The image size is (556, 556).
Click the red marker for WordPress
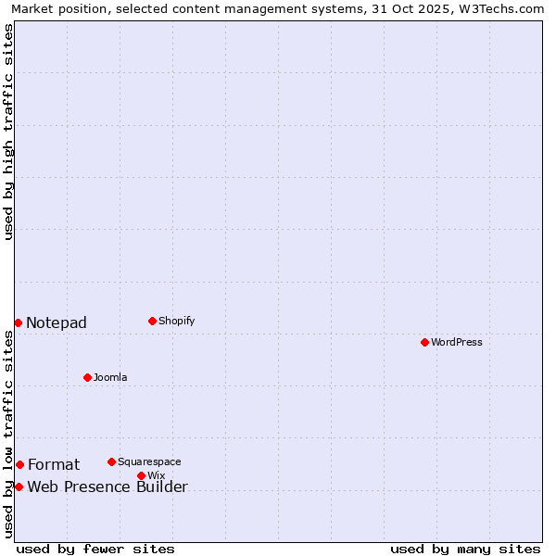pos(424,342)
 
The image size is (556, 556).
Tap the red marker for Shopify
pos(152,321)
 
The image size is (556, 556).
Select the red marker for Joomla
pos(87,377)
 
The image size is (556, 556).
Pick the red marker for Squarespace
pos(111,461)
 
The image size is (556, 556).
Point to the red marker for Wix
pos(141,475)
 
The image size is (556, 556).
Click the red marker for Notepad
pos(18,322)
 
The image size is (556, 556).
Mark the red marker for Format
pos(19,464)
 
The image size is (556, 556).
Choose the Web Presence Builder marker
pos(19,486)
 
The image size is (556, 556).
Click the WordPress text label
pos(457,342)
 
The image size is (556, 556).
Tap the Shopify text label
pos(176,321)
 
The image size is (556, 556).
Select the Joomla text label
pos(110,377)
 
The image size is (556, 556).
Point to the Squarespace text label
pos(149,461)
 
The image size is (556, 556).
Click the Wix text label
pos(156,475)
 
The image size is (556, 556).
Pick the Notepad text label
pos(57,322)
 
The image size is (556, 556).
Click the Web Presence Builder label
pos(107,487)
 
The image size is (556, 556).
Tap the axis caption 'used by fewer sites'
pos(95,549)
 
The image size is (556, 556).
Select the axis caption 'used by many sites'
pos(465,549)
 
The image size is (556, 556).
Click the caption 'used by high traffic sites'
pos(8,132)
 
